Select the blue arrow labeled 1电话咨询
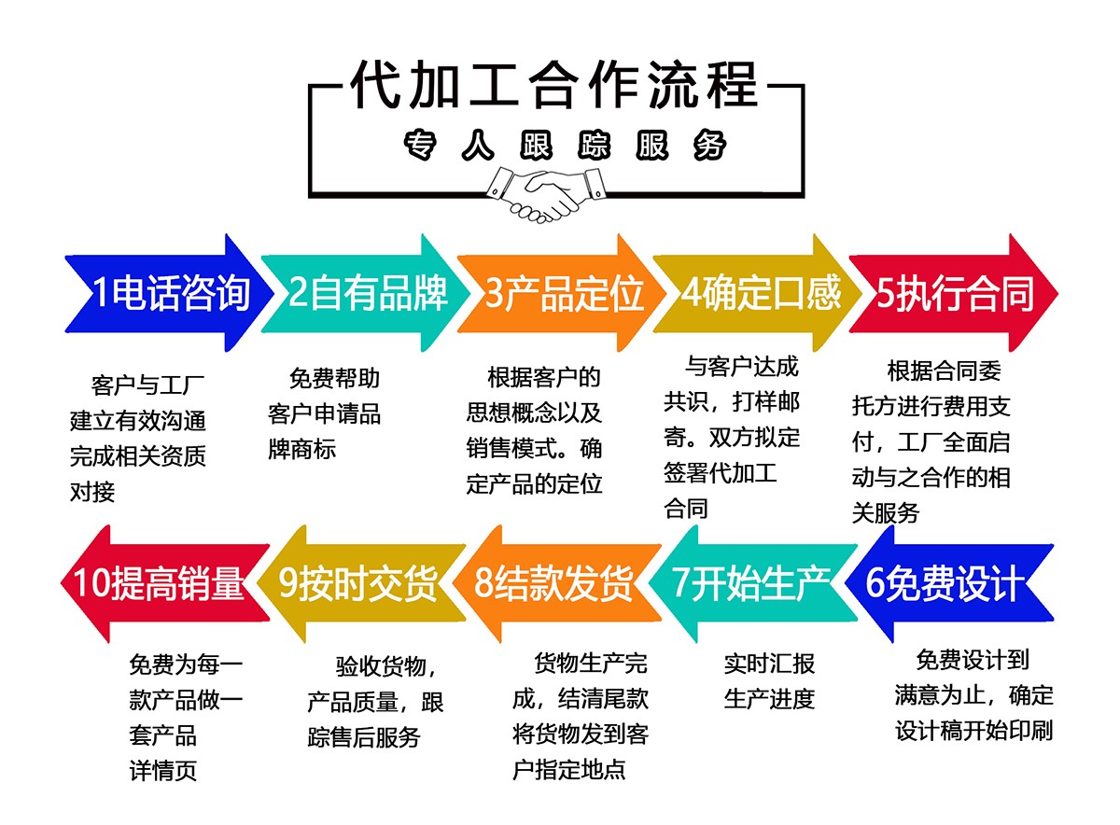pos(168,293)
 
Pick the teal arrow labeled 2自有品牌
pos(364,293)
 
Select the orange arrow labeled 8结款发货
pos(556,583)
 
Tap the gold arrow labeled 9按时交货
pos(360,583)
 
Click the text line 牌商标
pos(301,450)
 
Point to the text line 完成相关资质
pos(138,456)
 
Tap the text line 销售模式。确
pos(535,448)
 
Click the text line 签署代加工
pos(720,471)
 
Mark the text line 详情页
pos(163,771)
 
